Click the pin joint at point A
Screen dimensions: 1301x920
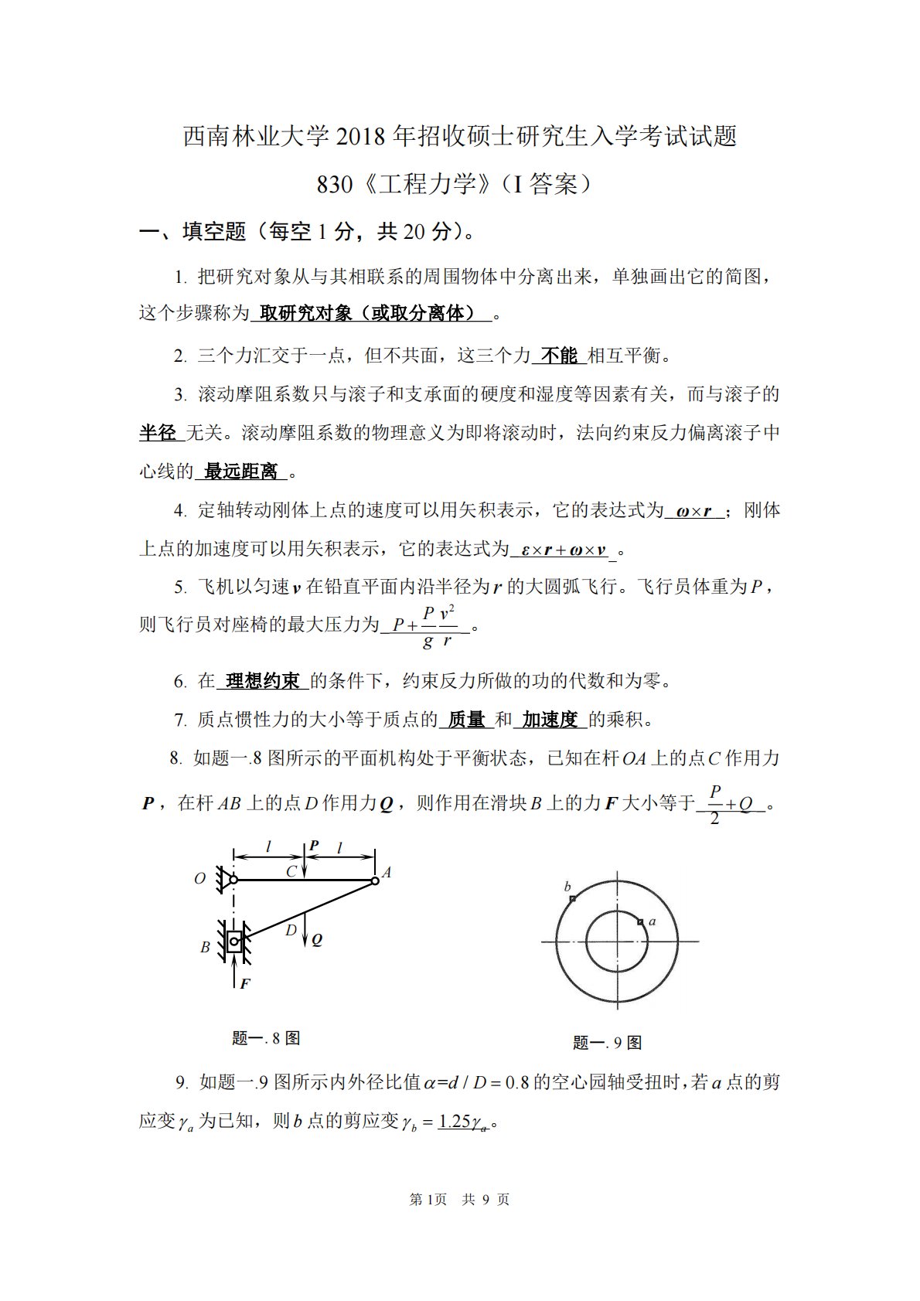(x=375, y=880)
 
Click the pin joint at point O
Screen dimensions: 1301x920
(x=233, y=880)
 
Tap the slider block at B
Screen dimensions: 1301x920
(x=234, y=941)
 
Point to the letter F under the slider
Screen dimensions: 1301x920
(x=245, y=984)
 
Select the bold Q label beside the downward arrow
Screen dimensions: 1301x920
(x=317, y=940)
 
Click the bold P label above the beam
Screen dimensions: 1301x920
(x=313, y=846)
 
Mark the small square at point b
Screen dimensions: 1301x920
(x=572, y=899)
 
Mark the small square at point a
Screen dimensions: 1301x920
(x=640, y=921)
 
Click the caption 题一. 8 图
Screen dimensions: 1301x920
(x=266, y=1038)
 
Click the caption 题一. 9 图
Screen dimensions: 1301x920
(x=607, y=1043)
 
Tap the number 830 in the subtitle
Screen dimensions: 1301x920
(x=335, y=184)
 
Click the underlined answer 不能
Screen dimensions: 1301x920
(x=559, y=356)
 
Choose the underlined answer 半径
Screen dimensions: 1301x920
(x=158, y=433)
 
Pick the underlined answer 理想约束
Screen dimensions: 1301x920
(x=263, y=681)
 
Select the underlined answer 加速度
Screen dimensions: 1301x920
(x=550, y=720)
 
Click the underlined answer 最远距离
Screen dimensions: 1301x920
(x=241, y=472)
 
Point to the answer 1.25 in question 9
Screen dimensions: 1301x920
(x=455, y=1121)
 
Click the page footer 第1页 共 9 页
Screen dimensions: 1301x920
(x=459, y=1200)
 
